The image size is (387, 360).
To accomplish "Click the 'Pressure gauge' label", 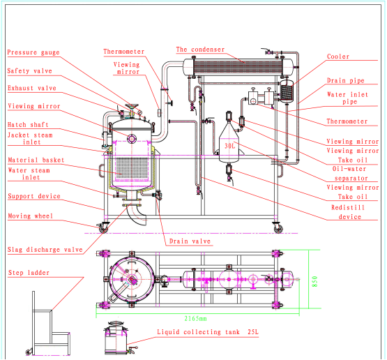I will (x=32, y=53).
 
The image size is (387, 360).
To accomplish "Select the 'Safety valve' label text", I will (x=29, y=71).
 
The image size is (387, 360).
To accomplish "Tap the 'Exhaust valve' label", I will (x=31, y=89).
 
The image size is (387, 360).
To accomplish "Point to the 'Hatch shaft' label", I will (x=27, y=125).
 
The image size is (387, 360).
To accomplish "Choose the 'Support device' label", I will (x=33, y=197).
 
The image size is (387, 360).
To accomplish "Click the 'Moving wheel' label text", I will (x=29, y=216).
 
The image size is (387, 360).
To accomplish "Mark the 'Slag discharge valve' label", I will (x=45, y=250).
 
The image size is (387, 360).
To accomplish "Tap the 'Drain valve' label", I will (x=188, y=242).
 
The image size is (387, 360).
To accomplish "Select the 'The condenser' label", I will (x=200, y=50).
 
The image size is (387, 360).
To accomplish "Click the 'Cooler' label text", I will (x=338, y=57).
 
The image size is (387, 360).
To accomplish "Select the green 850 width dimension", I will (x=314, y=280).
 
